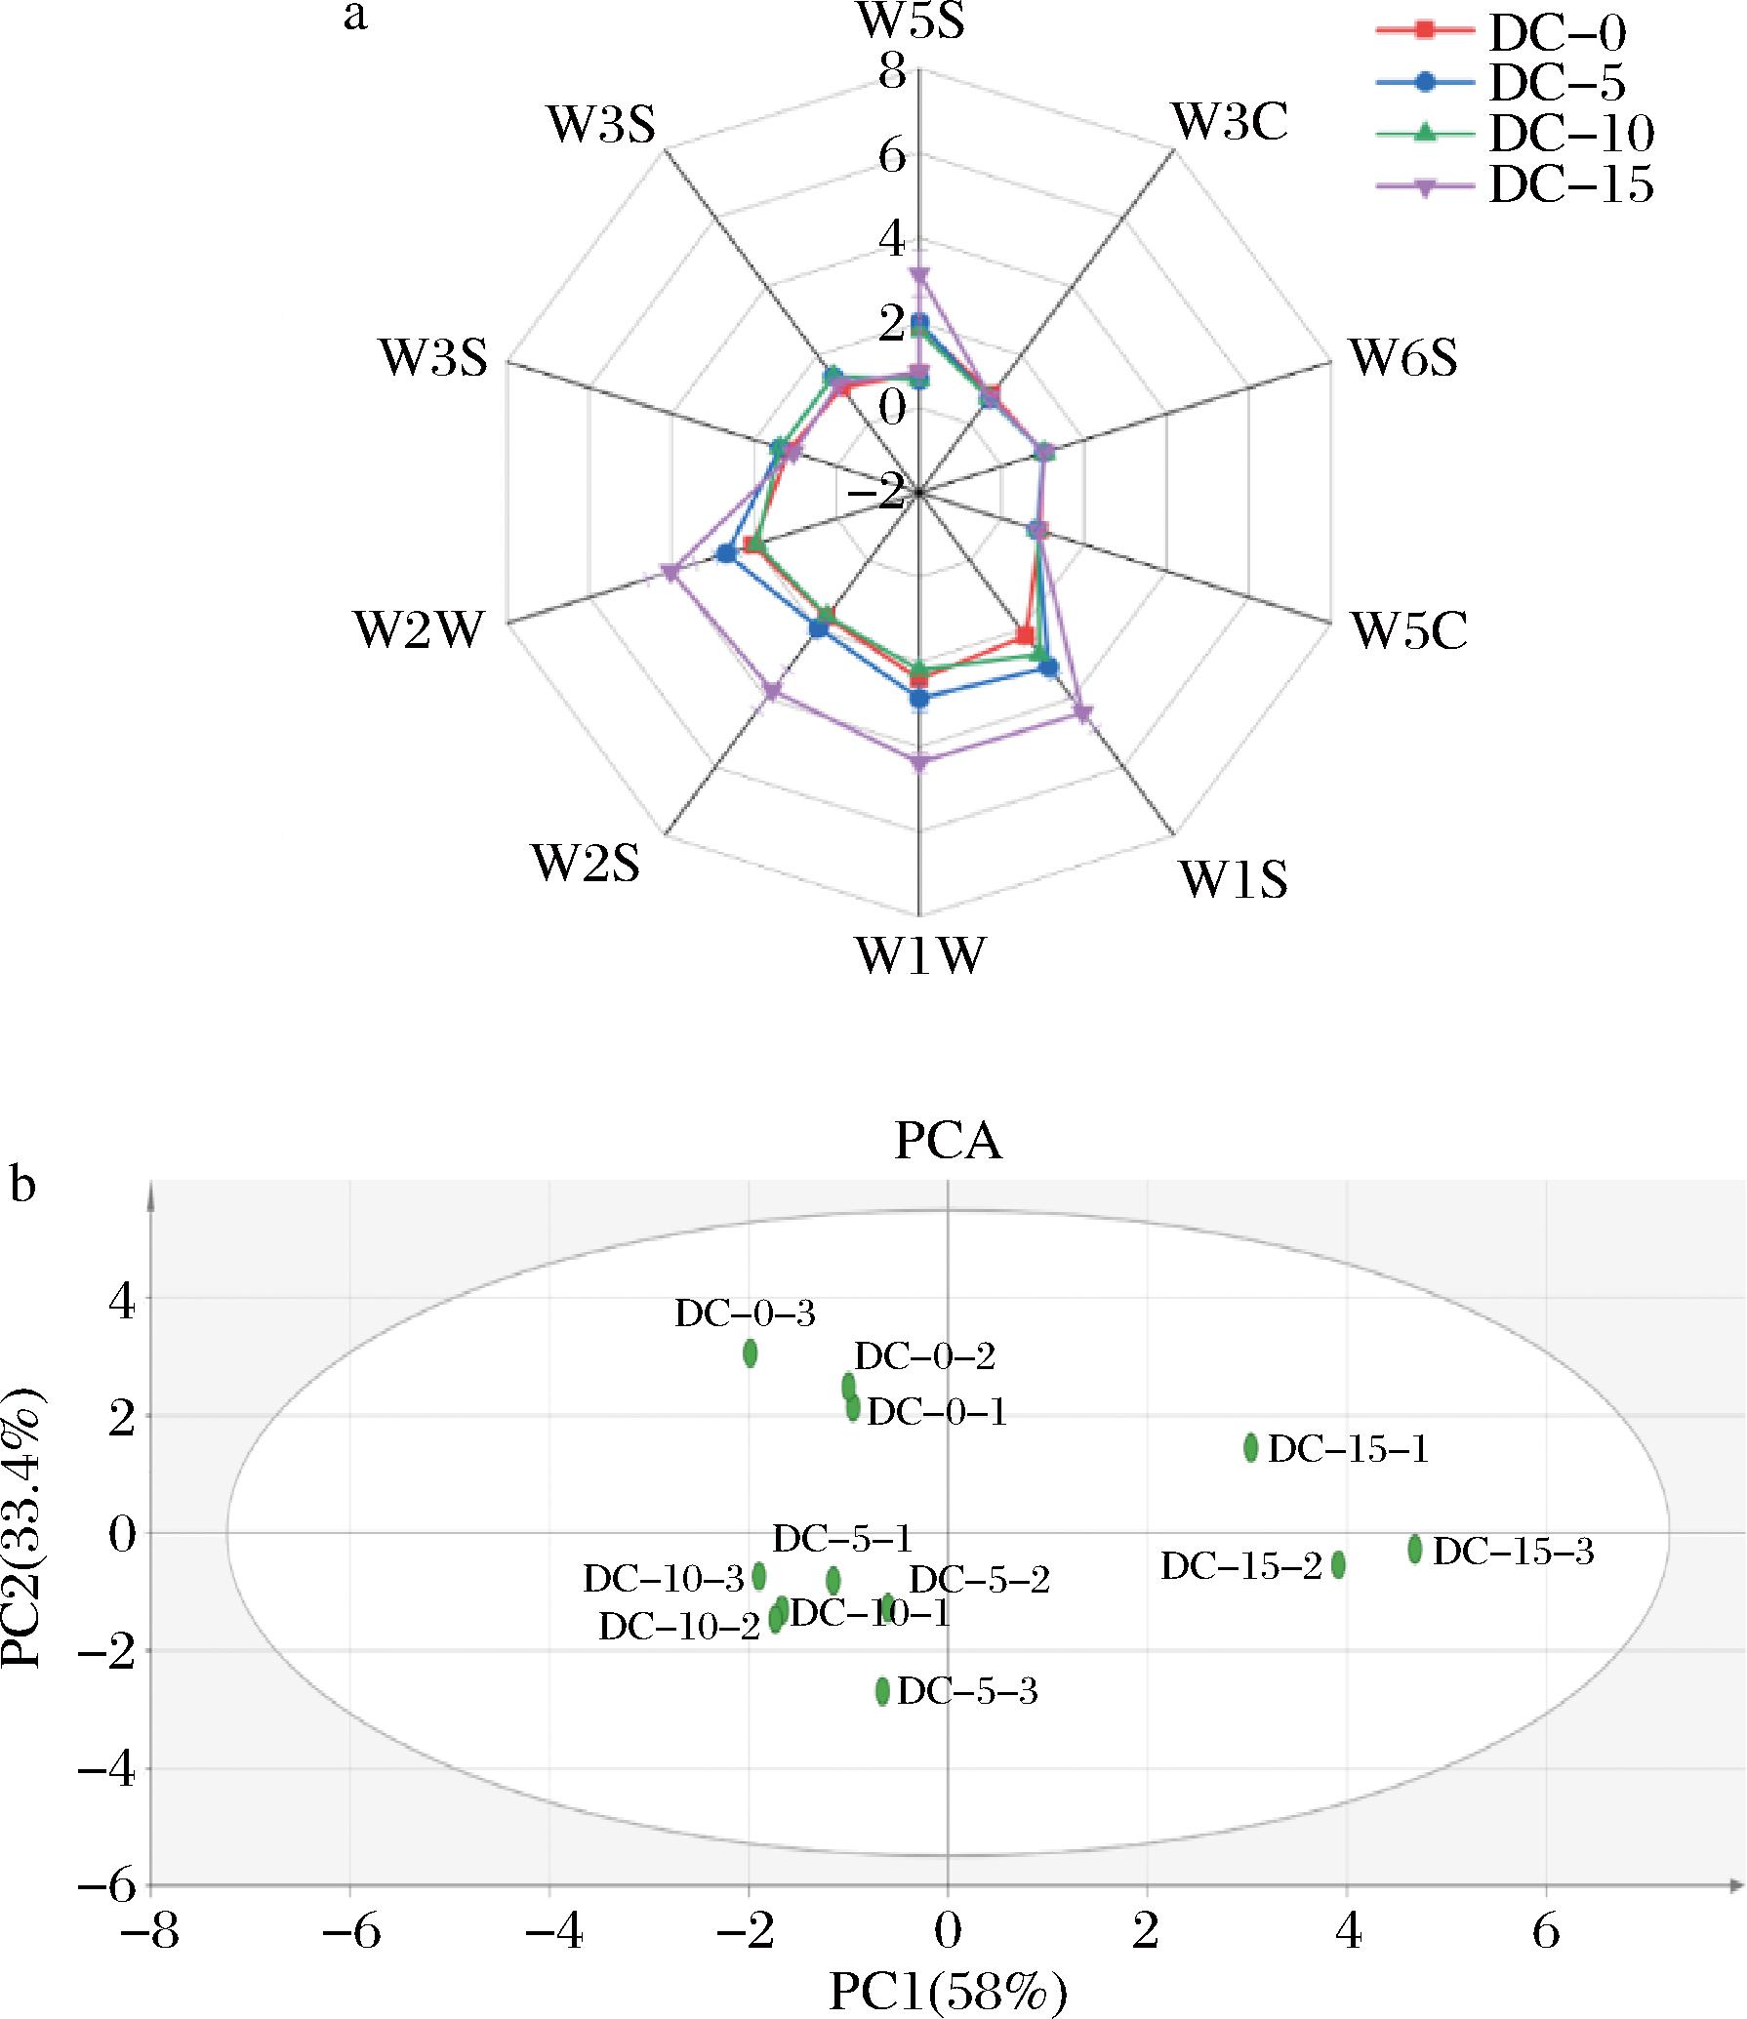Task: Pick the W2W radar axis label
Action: (419, 631)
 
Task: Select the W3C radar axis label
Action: (1231, 123)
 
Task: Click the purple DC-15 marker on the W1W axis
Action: (918, 763)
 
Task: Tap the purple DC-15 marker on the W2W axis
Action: (670, 573)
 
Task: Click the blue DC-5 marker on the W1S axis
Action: (1049, 668)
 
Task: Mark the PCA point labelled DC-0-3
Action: (750, 1353)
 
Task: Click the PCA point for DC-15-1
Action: (1251, 1447)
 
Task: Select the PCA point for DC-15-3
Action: (1415, 1549)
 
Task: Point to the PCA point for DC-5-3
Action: (882, 1691)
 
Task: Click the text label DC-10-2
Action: (678, 1627)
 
